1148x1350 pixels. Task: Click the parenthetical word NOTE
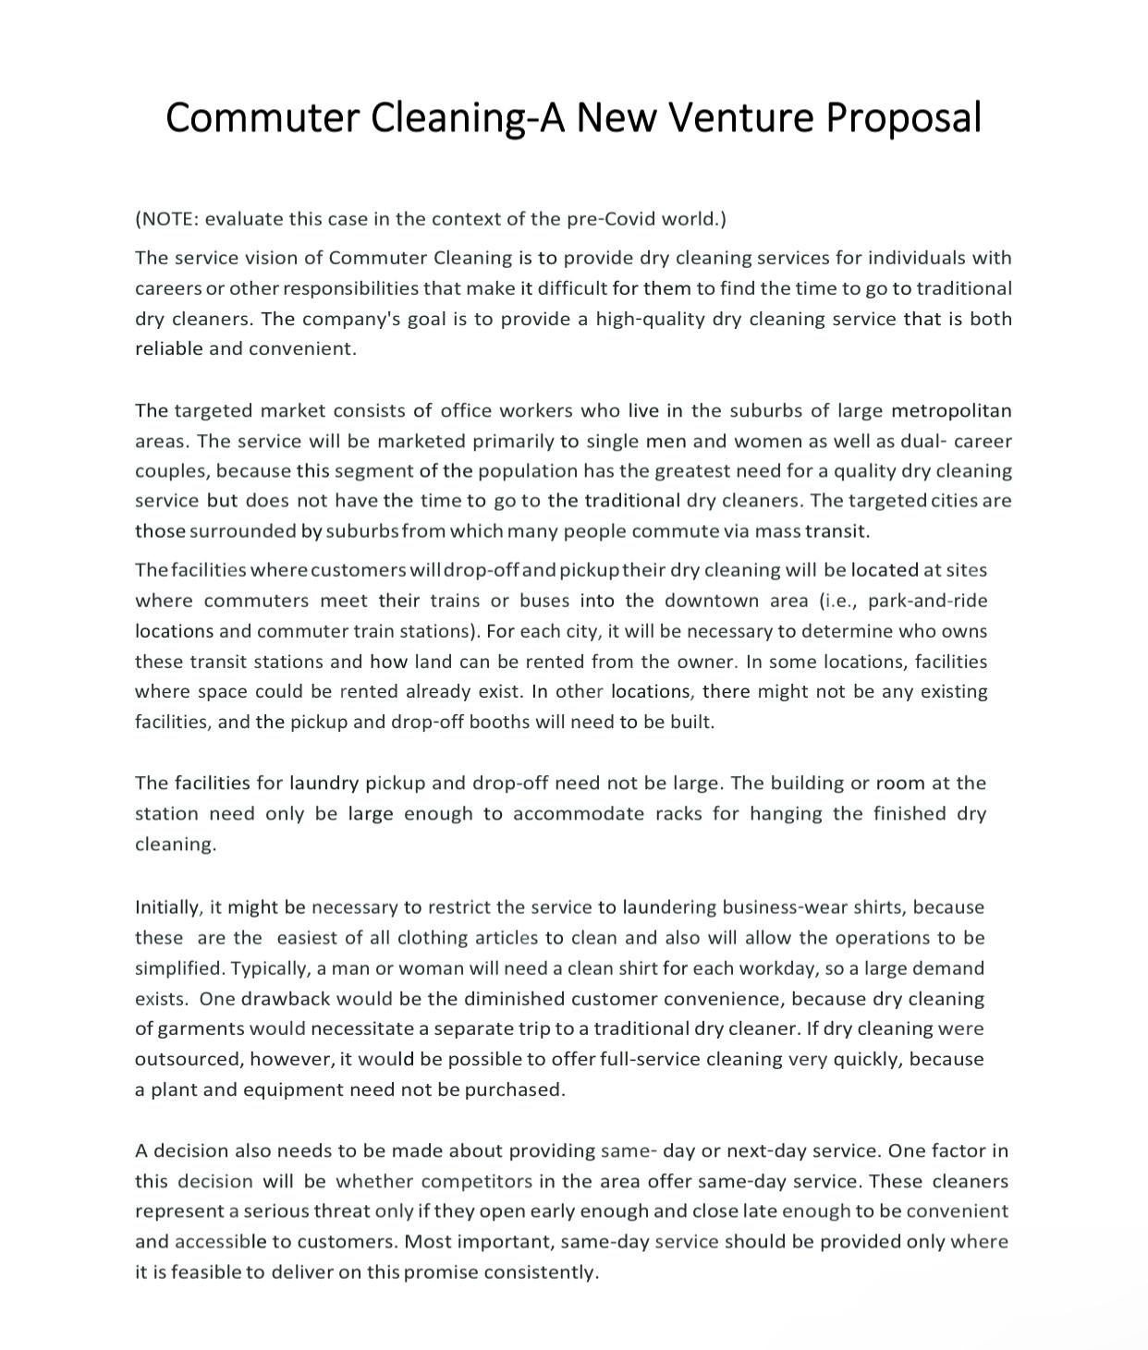[x=167, y=219]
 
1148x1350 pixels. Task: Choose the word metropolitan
[x=951, y=410]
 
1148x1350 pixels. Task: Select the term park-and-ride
[x=927, y=601]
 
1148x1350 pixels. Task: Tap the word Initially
[x=168, y=907]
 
